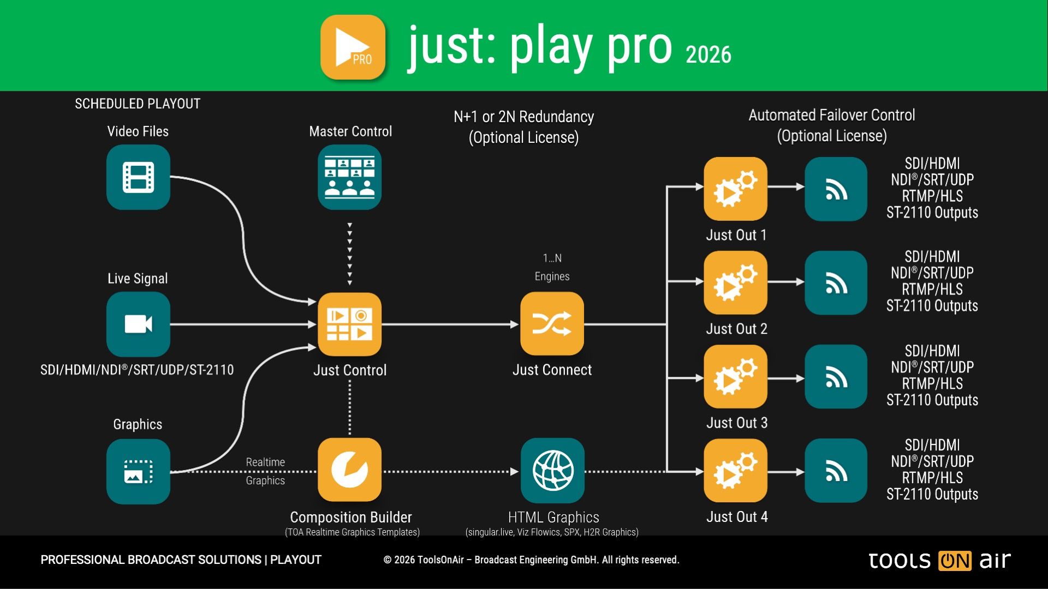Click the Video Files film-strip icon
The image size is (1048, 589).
(x=138, y=177)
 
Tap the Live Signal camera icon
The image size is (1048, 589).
(x=138, y=324)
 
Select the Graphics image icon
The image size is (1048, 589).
(x=138, y=471)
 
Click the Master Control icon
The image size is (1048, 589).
(x=350, y=177)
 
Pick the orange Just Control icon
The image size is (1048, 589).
(x=350, y=324)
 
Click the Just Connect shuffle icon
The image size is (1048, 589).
(x=552, y=324)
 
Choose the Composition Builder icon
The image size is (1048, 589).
(x=350, y=470)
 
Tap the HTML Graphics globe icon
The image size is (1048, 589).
(x=552, y=470)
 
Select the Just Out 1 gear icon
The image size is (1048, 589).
(x=735, y=189)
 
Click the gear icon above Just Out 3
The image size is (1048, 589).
(x=735, y=376)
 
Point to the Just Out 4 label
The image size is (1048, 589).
(x=737, y=516)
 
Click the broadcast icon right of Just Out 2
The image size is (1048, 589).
(x=836, y=283)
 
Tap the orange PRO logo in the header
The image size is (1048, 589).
(x=353, y=47)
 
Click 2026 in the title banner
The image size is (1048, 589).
(x=708, y=55)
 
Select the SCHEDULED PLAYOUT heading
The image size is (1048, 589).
(x=138, y=104)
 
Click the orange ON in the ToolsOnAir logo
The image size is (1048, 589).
(x=955, y=561)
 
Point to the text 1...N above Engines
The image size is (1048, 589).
(x=552, y=258)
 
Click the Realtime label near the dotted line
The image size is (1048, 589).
(x=265, y=462)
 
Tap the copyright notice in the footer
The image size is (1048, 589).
(x=531, y=560)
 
